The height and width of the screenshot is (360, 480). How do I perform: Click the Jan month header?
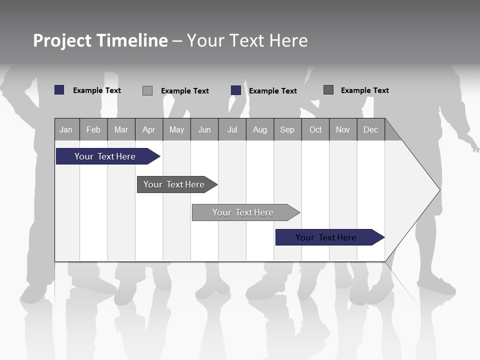pos(66,129)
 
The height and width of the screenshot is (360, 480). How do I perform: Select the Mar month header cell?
pos(121,129)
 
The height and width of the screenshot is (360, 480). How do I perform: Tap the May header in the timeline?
pos(176,129)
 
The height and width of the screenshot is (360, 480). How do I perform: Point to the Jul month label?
pos(232,129)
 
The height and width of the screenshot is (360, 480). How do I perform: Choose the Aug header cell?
pos(259,129)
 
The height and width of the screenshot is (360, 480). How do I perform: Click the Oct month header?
pos(315,129)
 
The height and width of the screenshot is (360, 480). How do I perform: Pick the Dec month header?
pos(370,129)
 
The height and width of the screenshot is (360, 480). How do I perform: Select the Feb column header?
pos(93,129)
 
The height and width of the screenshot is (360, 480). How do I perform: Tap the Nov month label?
pos(343,129)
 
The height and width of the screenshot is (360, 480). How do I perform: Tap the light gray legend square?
pos(147,90)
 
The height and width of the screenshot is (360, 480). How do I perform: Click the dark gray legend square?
pos(328,90)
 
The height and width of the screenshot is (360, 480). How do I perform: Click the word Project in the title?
pos(62,40)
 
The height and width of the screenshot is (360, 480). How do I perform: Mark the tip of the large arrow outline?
pos(439,190)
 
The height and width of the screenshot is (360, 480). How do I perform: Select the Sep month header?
pos(287,129)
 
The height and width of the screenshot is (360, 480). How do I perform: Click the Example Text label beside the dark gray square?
pos(364,90)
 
